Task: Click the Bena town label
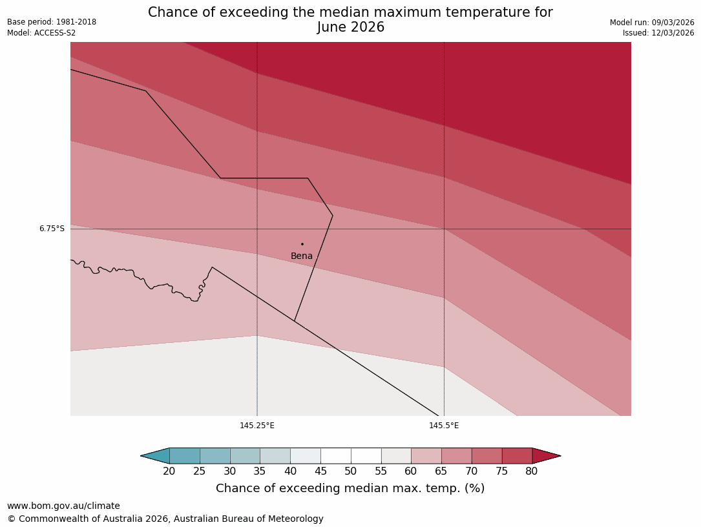pyautogui.click(x=302, y=256)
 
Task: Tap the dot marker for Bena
pyautogui.click(x=302, y=244)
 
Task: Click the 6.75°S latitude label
pyautogui.click(x=52, y=229)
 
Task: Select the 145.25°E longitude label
pyautogui.click(x=257, y=426)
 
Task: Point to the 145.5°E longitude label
pyautogui.click(x=444, y=426)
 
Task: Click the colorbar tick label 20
pyautogui.click(x=169, y=471)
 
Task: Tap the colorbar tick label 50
pyautogui.click(x=351, y=471)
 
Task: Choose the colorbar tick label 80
pyautogui.click(x=532, y=471)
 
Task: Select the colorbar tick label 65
pyautogui.click(x=441, y=471)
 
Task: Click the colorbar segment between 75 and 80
pyautogui.click(x=517, y=456)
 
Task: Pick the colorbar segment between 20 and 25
pyautogui.click(x=185, y=456)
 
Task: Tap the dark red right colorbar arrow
pyautogui.click(x=545, y=456)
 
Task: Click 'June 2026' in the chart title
pyautogui.click(x=350, y=28)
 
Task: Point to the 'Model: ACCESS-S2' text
pyautogui.click(x=41, y=33)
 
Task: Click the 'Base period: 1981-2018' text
pyautogui.click(x=52, y=22)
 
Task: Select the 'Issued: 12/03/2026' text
pyautogui.click(x=658, y=33)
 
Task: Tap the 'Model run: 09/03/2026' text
pyautogui.click(x=652, y=23)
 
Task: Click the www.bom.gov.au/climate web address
pyautogui.click(x=63, y=506)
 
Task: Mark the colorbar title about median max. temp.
pyautogui.click(x=350, y=489)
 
